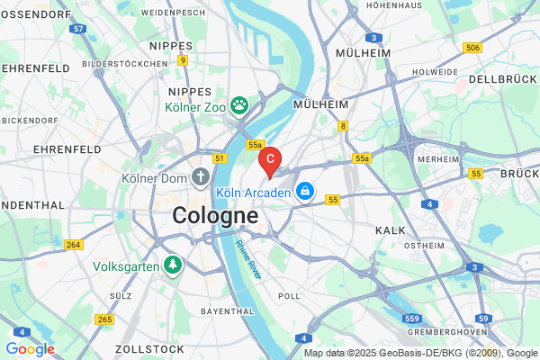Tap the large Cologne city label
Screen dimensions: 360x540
click(215, 216)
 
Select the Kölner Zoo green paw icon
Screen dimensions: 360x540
click(239, 106)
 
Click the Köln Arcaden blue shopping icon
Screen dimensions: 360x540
click(305, 192)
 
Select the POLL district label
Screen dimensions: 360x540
click(290, 295)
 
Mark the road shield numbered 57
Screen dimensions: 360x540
click(79, 30)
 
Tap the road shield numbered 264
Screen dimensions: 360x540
click(74, 245)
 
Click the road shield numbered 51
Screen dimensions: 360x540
click(219, 157)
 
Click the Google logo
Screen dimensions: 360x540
click(30, 349)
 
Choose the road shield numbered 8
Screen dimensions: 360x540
click(343, 126)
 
